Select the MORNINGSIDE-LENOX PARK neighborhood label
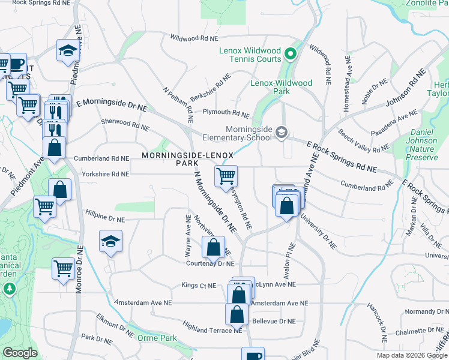(x=187, y=159)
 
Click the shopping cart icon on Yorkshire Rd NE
(x=226, y=176)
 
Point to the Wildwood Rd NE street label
(x=194, y=38)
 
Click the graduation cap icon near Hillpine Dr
(x=110, y=241)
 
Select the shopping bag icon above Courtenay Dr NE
(x=213, y=247)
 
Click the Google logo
(x=20, y=353)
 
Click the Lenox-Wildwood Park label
(x=282, y=87)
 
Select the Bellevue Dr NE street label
(x=274, y=322)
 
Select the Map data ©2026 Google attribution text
(x=411, y=355)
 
